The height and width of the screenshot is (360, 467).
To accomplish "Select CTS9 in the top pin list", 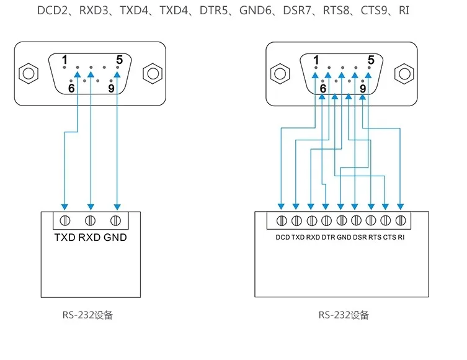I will click(374, 11).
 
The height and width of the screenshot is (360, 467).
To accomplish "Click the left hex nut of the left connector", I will click(27, 73).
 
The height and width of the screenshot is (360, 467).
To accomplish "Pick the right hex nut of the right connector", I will click(404, 73).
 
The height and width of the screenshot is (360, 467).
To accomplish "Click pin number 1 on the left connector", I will click(64, 60).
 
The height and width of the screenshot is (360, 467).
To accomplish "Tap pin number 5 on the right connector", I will click(371, 60).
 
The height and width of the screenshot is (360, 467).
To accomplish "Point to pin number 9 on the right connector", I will click(363, 89).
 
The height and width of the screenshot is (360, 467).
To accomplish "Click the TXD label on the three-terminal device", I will click(64, 237).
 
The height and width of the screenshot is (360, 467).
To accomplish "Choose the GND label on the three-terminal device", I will click(115, 237).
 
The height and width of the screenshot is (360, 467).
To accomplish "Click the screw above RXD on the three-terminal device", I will click(90, 220).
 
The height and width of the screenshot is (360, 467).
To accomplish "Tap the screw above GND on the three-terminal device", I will click(115, 220).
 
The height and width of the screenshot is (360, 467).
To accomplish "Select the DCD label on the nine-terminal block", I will click(282, 237).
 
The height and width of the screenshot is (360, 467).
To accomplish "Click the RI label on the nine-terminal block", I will click(401, 237).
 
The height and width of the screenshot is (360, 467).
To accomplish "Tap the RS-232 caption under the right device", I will click(344, 315).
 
